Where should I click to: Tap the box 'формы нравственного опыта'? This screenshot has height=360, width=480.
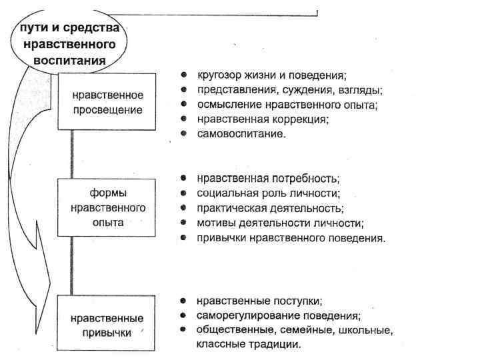click(107, 207)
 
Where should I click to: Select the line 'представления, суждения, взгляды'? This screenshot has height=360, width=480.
click(290, 90)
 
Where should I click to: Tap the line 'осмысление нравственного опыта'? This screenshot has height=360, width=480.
click(287, 105)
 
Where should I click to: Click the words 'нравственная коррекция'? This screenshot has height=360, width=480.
click(263, 119)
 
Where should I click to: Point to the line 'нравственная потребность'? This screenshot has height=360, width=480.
click(269, 179)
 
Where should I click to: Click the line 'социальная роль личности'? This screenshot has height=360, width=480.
click(269, 193)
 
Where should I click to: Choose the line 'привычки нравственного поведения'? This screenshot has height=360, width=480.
click(291, 237)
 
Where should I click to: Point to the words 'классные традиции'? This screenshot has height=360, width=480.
click(249, 345)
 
